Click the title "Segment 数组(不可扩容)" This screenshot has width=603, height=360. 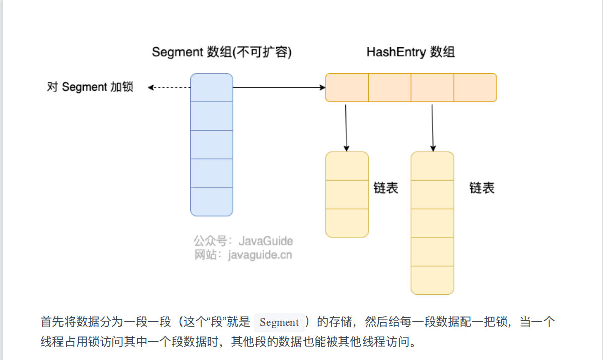tap(222, 52)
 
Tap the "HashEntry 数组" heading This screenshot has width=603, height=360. tap(410, 52)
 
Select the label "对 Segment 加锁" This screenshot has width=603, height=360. tap(90, 87)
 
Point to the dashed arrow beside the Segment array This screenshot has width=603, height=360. tap(169, 88)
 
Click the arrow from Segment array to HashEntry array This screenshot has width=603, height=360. tap(279, 88)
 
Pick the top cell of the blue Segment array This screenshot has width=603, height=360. tap(211, 87)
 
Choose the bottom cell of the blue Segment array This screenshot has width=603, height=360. tap(211, 202)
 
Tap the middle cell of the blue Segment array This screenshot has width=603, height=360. tap(211, 145)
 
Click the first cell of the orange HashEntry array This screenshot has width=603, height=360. tap(347, 88)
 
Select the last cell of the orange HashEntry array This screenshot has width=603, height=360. tap(475, 88)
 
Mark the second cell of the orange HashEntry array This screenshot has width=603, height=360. tap(390, 88)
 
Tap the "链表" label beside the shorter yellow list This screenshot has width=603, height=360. tap(386, 188)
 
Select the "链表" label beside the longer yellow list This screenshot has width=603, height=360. tap(482, 188)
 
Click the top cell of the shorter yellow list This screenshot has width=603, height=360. tap(347, 166)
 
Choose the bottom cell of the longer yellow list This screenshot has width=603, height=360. tap(433, 280)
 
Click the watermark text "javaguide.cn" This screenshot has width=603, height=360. tap(260, 255)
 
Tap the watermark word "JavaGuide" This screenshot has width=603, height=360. tap(266, 241)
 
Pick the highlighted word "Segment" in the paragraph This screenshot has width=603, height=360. tap(279, 322)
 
